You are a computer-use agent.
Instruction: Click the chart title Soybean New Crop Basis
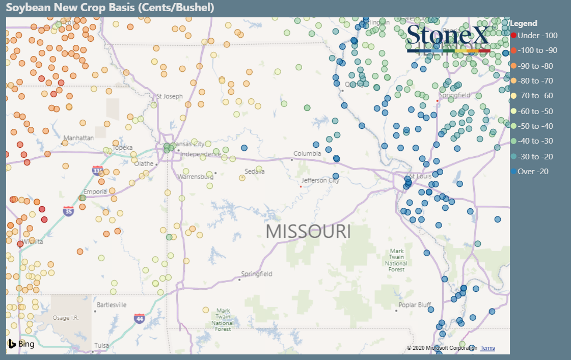pos(110,8)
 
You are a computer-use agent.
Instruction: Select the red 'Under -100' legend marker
pos(513,36)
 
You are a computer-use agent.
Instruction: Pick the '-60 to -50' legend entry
pos(535,111)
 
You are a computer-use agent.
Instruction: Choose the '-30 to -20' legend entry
pos(535,156)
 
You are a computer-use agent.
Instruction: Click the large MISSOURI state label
pos(308,231)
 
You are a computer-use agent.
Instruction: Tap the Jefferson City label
pos(320,180)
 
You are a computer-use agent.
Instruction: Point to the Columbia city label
pos(307,153)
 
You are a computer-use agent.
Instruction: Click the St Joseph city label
pos(169,96)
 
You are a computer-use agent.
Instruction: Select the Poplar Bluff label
pos(415,305)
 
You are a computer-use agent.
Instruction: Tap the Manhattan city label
pos(78,138)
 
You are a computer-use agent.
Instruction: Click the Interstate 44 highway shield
pos(139,319)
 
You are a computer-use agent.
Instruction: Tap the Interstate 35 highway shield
pos(68,210)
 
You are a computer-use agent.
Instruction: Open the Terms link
pos(487,348)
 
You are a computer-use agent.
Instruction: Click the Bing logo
pos(21,344)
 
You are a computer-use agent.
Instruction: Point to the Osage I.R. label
pos(65,318)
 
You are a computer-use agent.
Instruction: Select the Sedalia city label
pos(255,171)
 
